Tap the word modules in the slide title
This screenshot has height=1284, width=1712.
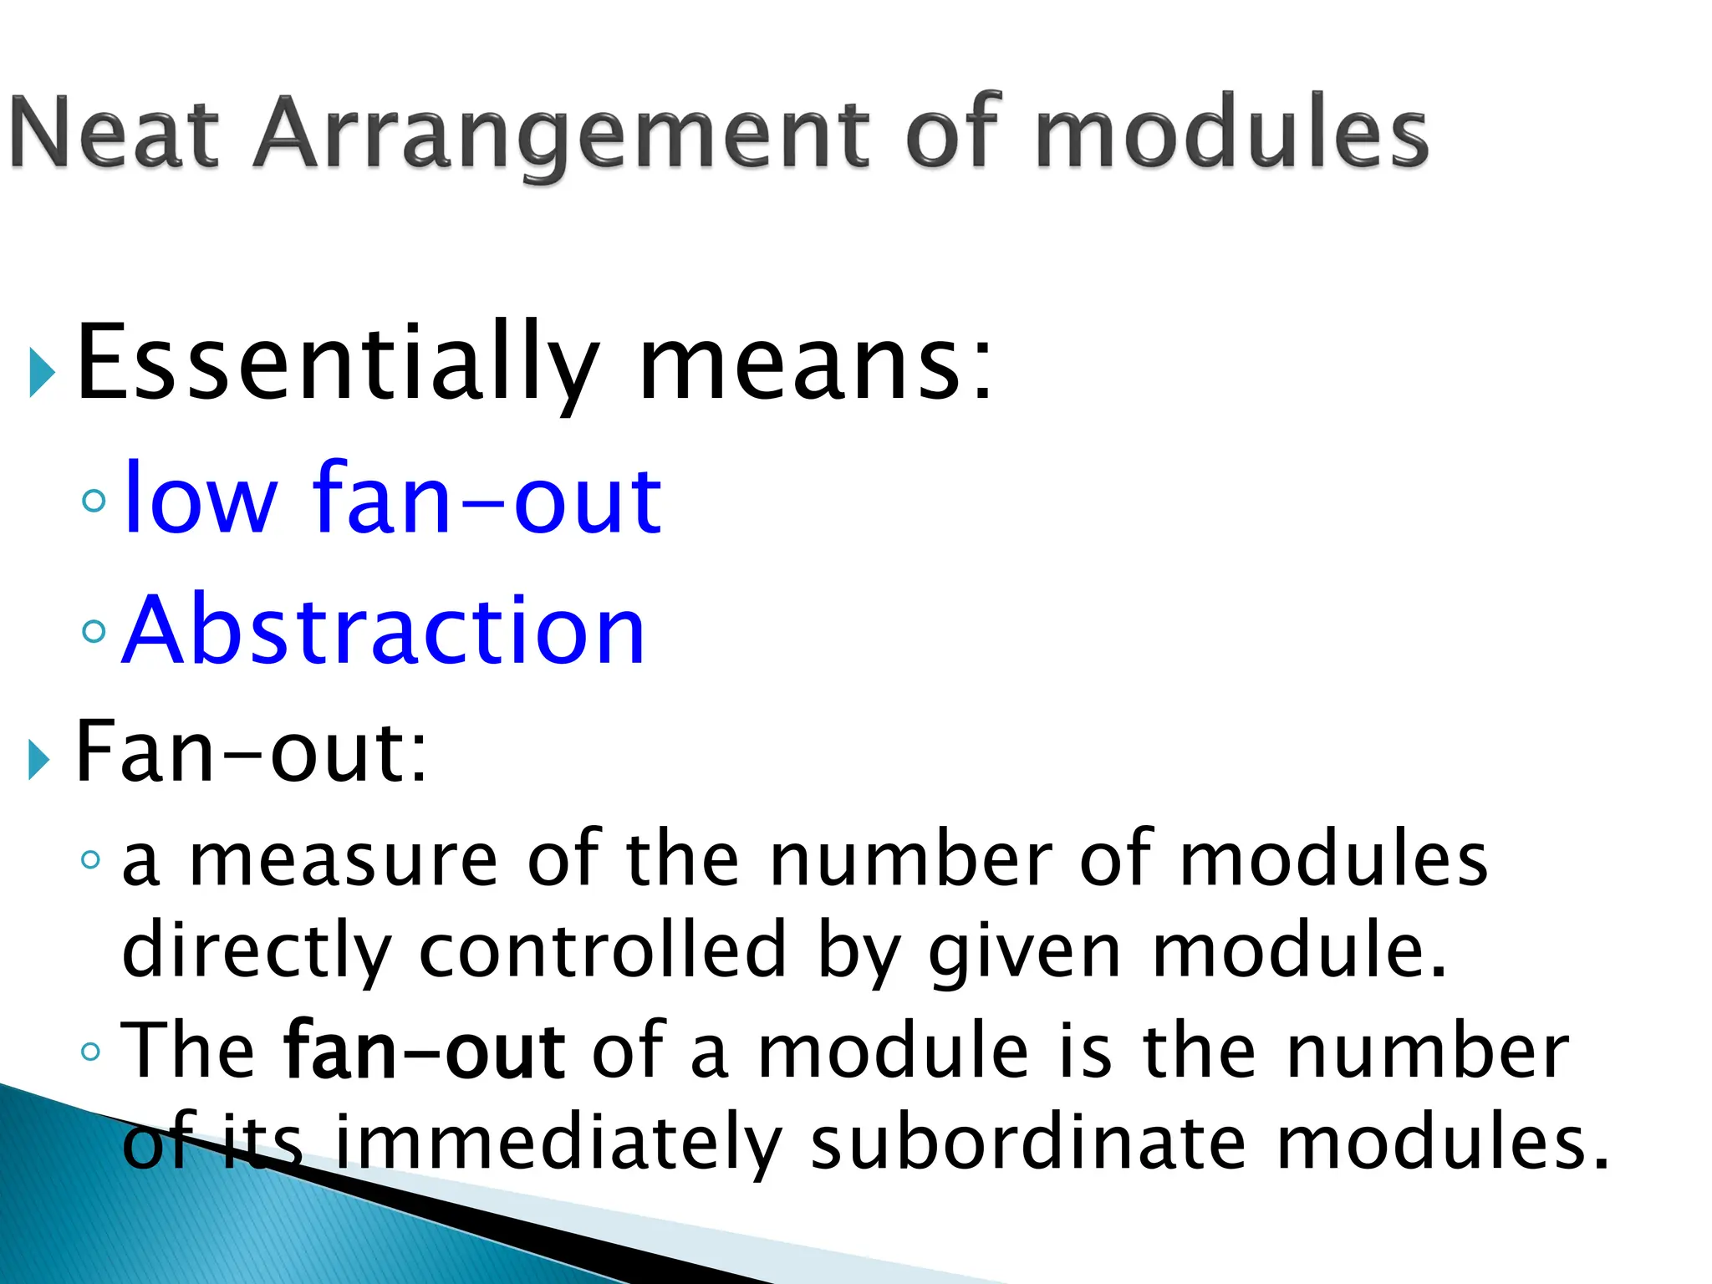click(1230, 134)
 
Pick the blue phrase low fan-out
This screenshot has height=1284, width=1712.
click(392, 500)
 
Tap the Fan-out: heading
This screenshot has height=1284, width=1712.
click(251, 752)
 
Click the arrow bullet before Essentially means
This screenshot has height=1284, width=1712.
click(42, 373)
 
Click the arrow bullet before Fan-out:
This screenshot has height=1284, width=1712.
click(38, 759)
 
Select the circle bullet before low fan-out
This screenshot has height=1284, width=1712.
click(94, 501)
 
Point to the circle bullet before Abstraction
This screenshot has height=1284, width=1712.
click(94, 630)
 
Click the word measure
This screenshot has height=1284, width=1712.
click(344, 861)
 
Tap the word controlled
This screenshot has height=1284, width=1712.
click(602, 951)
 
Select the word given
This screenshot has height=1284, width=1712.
click(1025, 951)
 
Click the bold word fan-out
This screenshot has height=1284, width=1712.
click(425, 1052)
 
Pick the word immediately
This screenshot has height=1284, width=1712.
click(558, 1144)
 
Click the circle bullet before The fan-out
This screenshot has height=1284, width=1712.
click(91, 1052)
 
